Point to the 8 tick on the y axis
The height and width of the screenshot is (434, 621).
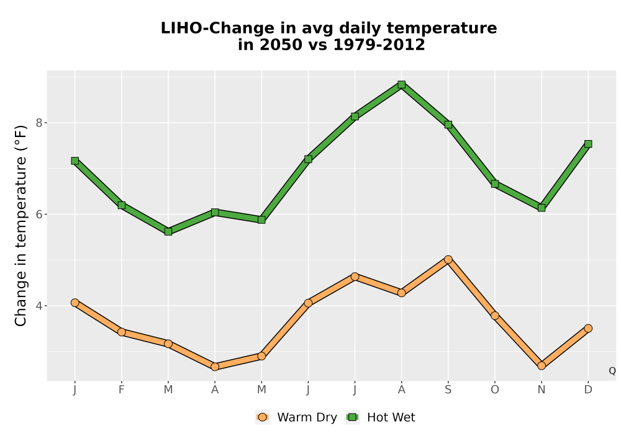(x=39, y=123)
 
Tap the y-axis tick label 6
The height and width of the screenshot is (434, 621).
(x=39, y=215)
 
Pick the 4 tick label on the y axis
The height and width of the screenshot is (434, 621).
(x=39, y=306)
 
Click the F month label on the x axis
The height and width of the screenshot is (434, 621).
(x=122, y=390)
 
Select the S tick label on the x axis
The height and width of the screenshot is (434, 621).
(x=448, y=390)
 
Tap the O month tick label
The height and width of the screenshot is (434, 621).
(x=495, y=390)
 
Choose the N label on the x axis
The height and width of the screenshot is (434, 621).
(x=542, y=390)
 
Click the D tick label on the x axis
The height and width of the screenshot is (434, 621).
(x=588, y=390)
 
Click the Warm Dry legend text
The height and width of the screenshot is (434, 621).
(x=307, y=417)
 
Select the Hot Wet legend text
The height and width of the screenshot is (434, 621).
(x=391, y=417)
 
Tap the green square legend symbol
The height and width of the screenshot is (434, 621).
(x=352, y=417)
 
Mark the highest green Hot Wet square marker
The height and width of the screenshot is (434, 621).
(x=402, y=84)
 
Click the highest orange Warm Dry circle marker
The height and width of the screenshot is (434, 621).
(x=448, y=260)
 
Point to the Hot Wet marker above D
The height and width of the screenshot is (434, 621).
(x=588, y=144)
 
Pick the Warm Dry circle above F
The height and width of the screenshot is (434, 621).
(x=122, y=332)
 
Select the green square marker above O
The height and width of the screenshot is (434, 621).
(x=495, y=184)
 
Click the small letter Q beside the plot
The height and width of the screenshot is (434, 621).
(x=612, y=371)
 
